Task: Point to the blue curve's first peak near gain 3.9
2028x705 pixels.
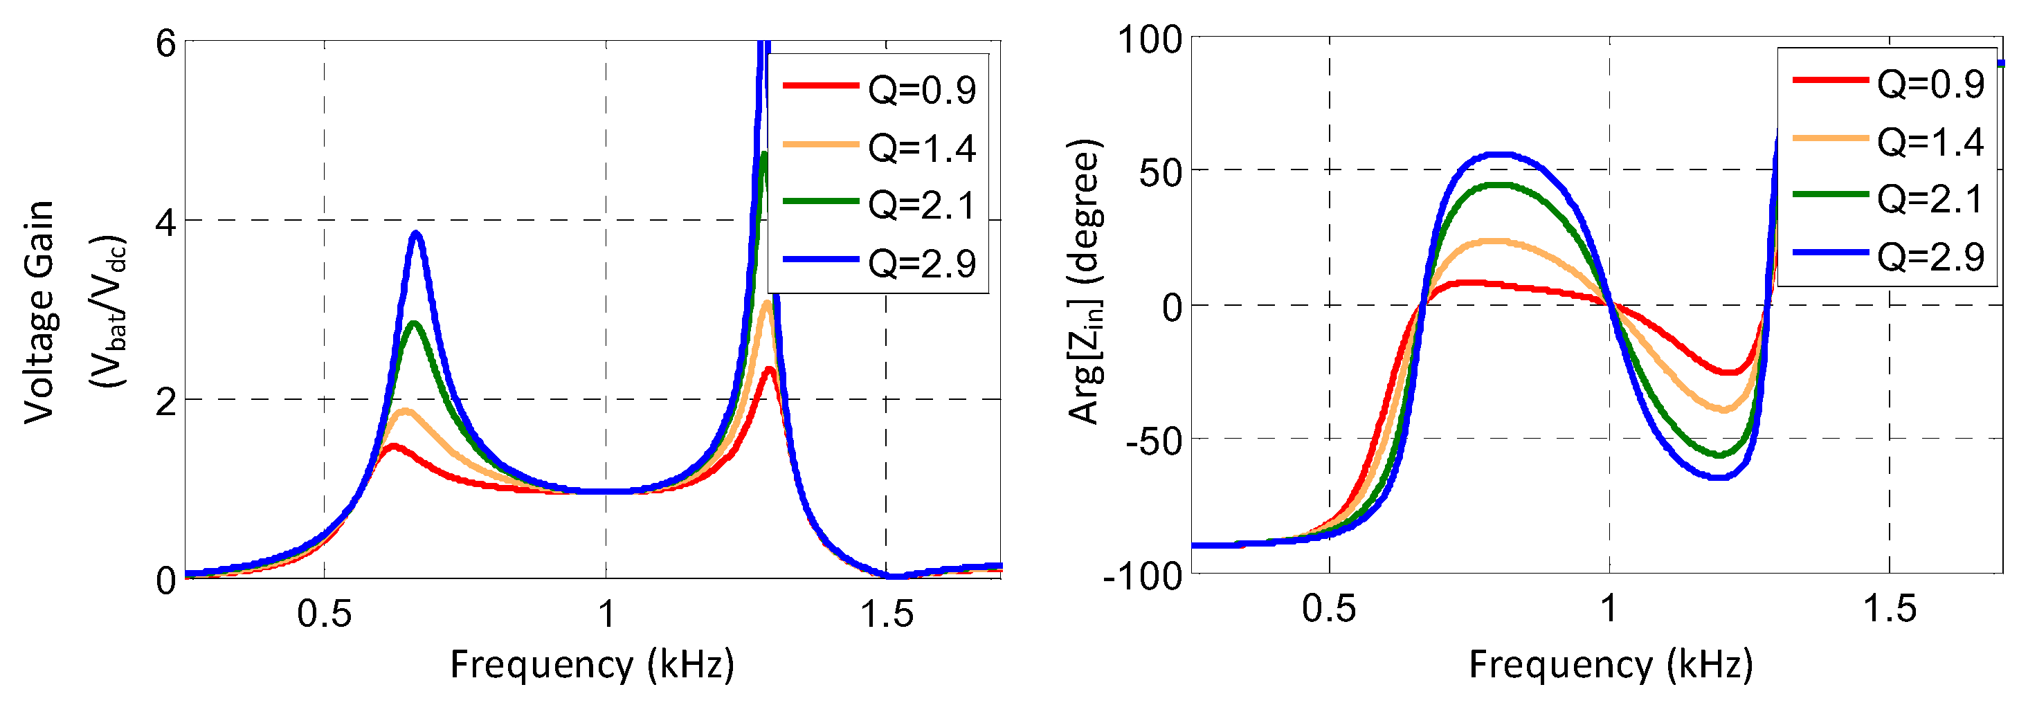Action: point(417,234)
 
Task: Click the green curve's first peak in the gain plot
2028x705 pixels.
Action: point(414,323)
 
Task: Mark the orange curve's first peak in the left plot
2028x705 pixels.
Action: point(406,412)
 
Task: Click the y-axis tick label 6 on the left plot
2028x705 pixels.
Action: point(166,44)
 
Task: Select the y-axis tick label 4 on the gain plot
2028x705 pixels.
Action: point(166,223)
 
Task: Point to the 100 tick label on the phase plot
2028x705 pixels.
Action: point(1150,39)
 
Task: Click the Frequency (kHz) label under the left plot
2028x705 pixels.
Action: point(592,665)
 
